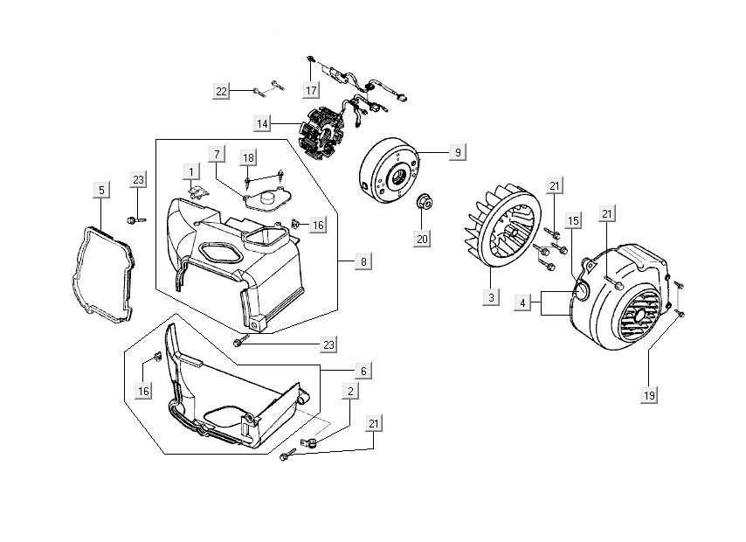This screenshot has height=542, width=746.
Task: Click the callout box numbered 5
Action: pyautogui.click(x=101, y=190)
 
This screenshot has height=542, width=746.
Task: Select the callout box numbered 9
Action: pyautogui.click(x=456, y=153)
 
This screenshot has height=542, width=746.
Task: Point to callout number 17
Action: pyautogui.click(x=311, y=90)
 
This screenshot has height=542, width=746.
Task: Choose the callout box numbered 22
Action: pyautogui.click(x=222, y=90)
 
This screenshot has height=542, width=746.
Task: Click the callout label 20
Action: pyautogui.click(x=423, y=239)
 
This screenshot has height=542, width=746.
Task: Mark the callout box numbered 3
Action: pyautogui.click(x=491, y=298)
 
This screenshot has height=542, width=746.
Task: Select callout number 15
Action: pyautogui.click(x=572, y=221)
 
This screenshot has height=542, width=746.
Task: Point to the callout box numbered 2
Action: pyautogui.click(x=350, y=392)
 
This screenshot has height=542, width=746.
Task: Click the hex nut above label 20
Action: pyautogui.click(x=424, y=202)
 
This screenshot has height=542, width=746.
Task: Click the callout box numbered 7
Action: pyautogui.click(x=216, y=155)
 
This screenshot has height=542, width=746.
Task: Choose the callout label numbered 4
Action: pyautogui.click(x=522, y=303)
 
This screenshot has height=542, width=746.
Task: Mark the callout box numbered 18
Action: pyautogui.click(x=249, y=157)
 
